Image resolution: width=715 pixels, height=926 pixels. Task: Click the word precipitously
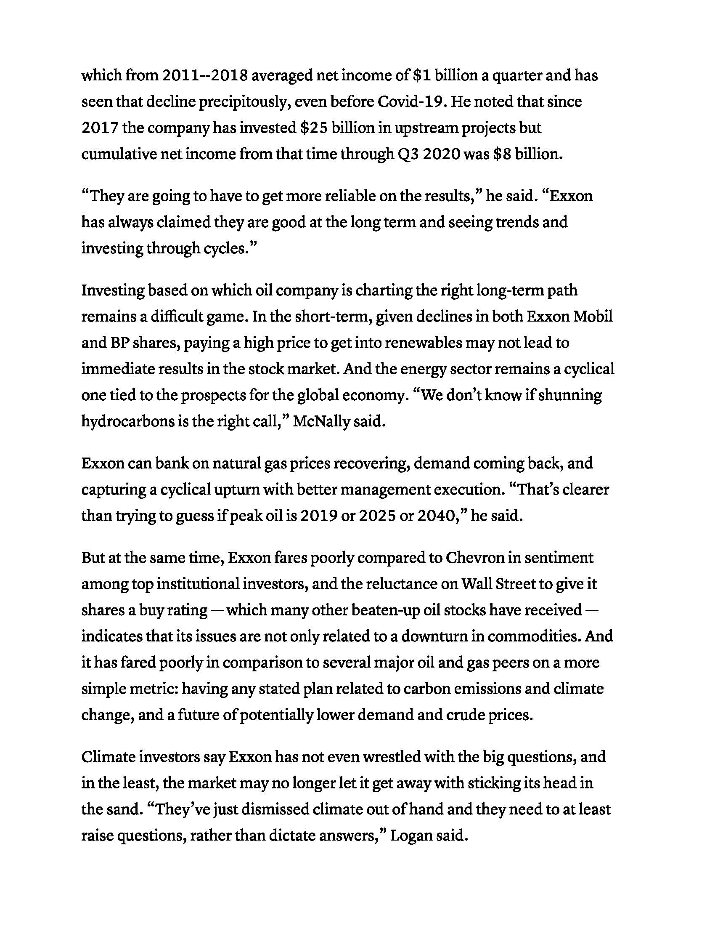point(244,102)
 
